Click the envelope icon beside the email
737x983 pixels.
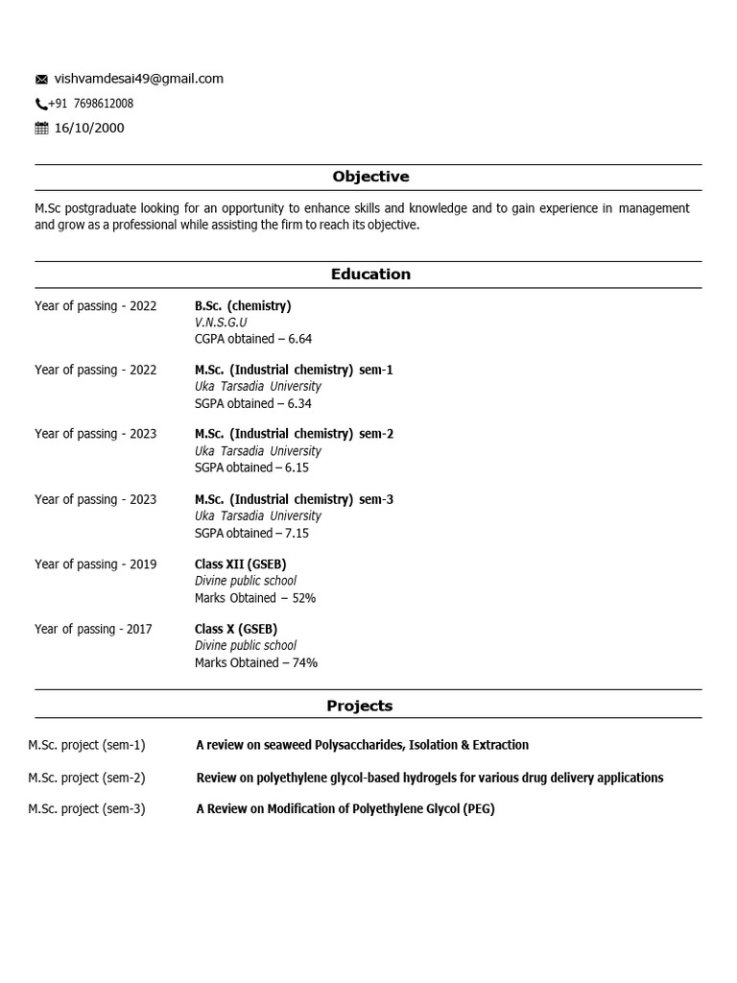tap(41, 80)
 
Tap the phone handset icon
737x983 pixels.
tap(41, 105)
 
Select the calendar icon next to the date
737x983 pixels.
tap(41, 129)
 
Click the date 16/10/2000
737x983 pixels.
tap(89, 129)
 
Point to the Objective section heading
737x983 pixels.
tap(370, 177)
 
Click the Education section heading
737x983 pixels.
tap(370, 275)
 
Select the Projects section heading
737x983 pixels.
tap(360, 706)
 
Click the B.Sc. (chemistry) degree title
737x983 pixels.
tap(243, 306)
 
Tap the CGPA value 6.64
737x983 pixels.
tap(299, 339)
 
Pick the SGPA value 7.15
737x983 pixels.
tap(297, 533)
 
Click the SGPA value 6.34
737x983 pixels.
tap(299, 403)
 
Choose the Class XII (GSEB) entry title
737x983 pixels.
tap(240, 564)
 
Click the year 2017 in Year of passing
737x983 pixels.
tap(139, 630)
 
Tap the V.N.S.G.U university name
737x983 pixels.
tap(221, 323)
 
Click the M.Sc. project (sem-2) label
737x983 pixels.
tap(86, 778)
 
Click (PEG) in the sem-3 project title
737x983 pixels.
tap(479, 809)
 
